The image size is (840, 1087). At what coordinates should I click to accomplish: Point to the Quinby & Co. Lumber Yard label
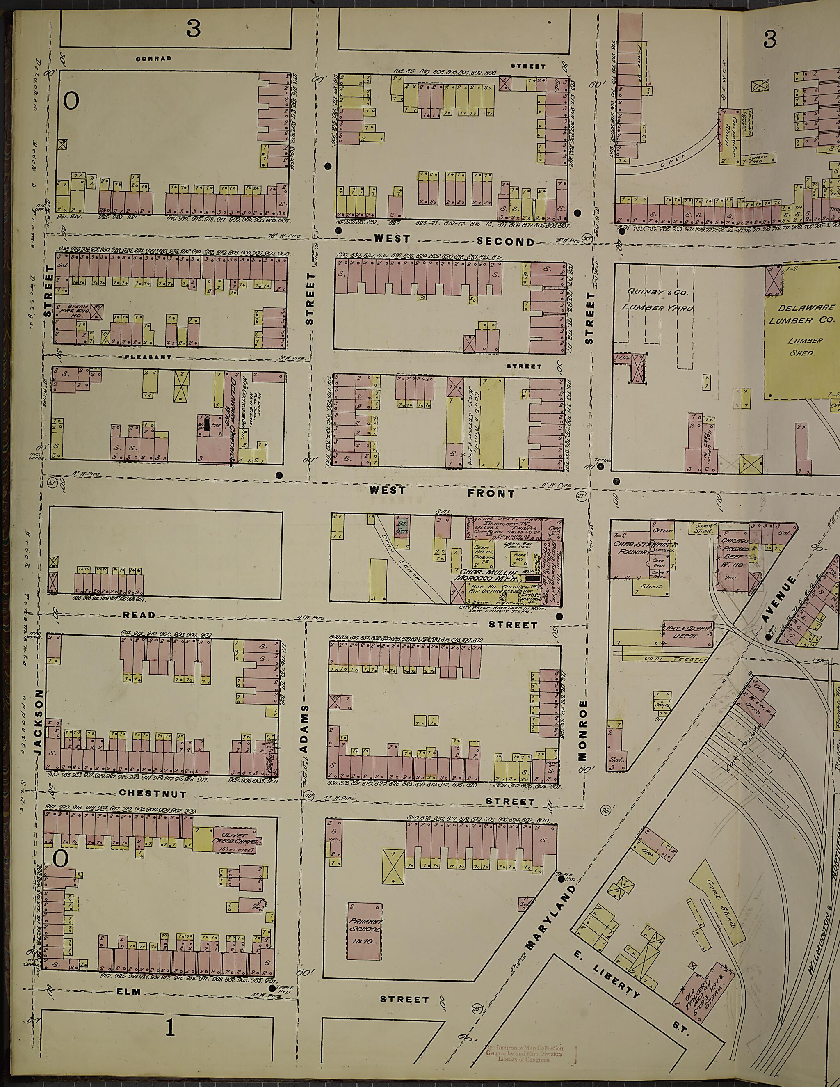pyautogui.click(x=655, y=301)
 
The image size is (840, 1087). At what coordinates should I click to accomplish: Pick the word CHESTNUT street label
pyautogui.click(x=152, y=794)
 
